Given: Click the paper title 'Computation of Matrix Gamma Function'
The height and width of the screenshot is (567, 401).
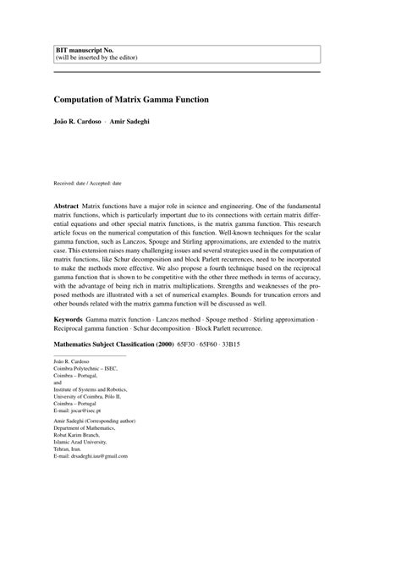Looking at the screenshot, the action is [131, 99].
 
